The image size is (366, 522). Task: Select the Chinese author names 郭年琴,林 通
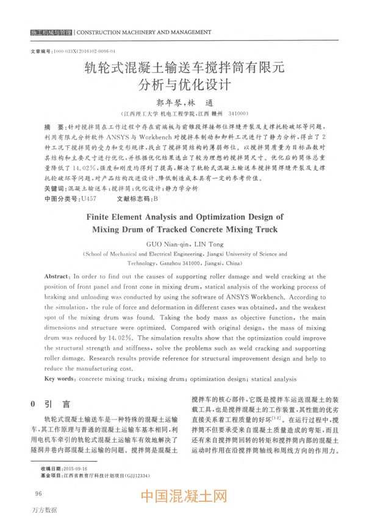(183, 103)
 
